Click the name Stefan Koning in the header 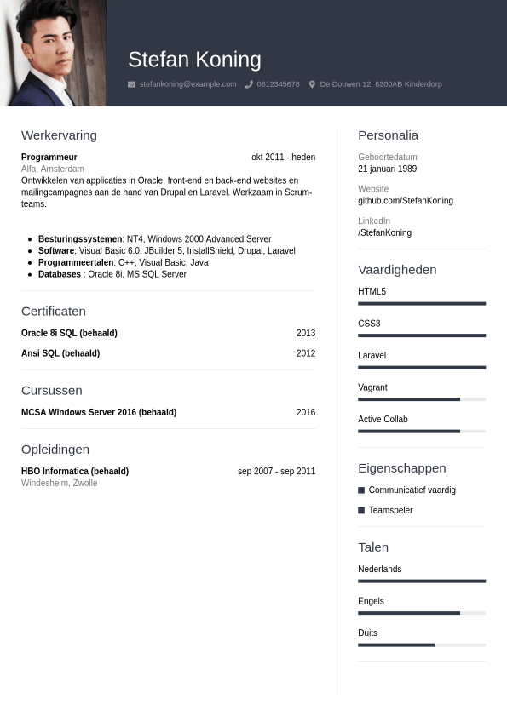[x=194, y=60]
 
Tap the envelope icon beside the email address [x=131, y=84]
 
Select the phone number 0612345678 [x=278, y=84]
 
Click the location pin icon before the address [x=312, y=84]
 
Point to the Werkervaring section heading [x=59, y=135]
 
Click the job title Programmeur [x=49, y=158]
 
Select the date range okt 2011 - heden [x=283, y=158]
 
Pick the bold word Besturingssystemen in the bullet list [x=80, y=239]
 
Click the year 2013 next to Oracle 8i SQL [x=305, y=333]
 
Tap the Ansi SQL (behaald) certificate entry [x=60, y=353]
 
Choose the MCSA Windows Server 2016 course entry [x=99, y=412]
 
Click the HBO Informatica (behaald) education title [x=75, y=471]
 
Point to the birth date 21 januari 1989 [x=387, y=169]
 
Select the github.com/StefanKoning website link [x=406, y=201]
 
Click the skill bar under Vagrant [x=422, y=399]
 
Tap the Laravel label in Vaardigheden [x=372, y=356]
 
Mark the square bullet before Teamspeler [x=361, y=511]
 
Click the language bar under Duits [x=422, y=644]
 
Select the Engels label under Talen [x=371, y=601]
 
